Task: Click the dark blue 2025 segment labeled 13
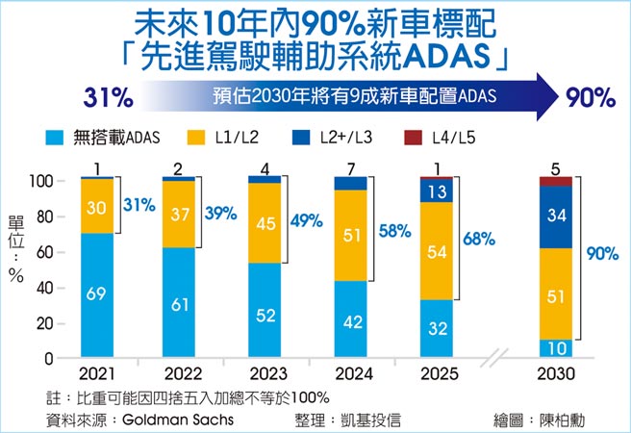pos(437,191)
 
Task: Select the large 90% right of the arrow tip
pos(591,97)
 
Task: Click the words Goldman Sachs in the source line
pos(177,420)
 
